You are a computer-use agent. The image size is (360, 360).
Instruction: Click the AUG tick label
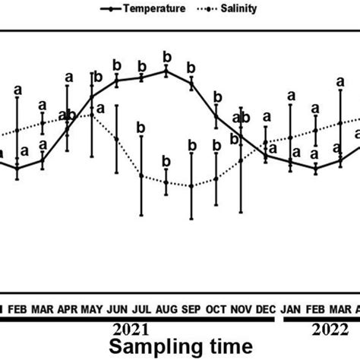[x=166, y=309]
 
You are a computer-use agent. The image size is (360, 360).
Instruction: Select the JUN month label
[x=117, y=309]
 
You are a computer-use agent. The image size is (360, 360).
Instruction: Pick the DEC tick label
[x=265, y=309]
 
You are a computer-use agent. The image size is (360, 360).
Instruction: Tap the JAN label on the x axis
[x=290, y=309]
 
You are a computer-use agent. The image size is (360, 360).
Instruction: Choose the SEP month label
[x=191, y=309]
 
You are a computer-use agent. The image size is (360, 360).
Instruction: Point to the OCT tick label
[x=216, y=309]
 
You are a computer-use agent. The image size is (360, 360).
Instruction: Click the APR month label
[x=68, y=309]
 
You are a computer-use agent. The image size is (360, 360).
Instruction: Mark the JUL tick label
[x=141, y=309]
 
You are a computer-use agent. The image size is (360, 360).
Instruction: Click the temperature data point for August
[x=166, y=71]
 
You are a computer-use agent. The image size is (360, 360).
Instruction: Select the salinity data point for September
[x=191, y=186]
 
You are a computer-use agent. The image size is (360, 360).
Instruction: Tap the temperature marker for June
[x=117, y=80]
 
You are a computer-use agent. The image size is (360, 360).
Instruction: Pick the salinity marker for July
[x=141, y=175]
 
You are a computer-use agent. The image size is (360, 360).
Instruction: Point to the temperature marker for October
[x=216, y=117]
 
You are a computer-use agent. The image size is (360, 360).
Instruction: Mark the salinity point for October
[x=216, y=178]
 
